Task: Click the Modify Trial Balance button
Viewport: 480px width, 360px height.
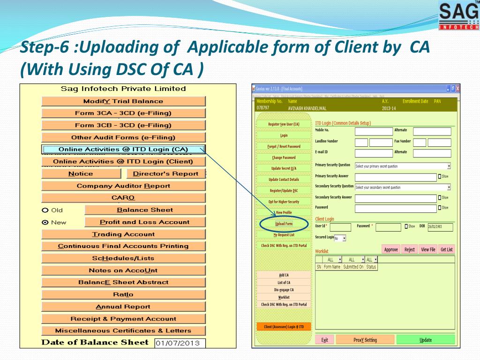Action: coord(123,101)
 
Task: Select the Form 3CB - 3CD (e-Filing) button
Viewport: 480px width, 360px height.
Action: coord(123,126)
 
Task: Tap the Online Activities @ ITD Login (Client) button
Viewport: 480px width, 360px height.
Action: coord(123,162)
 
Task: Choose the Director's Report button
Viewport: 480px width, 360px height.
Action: coord(165,174)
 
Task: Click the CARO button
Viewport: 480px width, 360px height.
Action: coord(123,198)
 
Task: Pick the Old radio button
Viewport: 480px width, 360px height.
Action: coord(45,210)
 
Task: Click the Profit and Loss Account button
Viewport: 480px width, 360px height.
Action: coord(144,222)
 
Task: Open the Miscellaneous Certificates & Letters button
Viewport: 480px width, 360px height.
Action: coord(123,331)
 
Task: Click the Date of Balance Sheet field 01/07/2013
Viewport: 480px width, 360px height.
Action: coord(180,343)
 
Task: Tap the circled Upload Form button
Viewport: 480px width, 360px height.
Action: coord(284,224)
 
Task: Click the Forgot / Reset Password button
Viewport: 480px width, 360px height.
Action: coord(284,146)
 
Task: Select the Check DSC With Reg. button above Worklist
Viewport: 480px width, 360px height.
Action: coord(284,246)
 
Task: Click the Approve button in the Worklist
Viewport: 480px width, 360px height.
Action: coord(391,250)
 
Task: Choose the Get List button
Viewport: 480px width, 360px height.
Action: coord(446,250)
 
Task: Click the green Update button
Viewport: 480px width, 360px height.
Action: coord(425,340)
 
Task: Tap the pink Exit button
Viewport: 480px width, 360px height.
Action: coord(324,340)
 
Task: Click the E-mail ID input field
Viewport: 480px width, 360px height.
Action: coord(373,153)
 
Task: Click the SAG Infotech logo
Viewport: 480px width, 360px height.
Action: coord(459,15)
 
